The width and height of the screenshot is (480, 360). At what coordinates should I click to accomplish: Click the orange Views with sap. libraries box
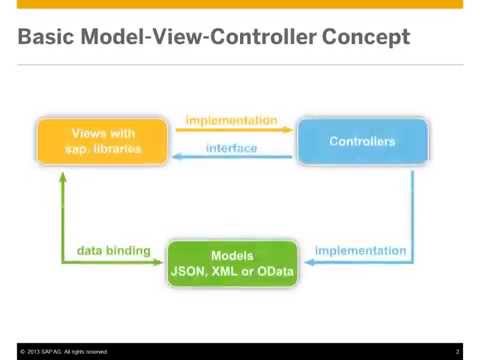coord(103,141)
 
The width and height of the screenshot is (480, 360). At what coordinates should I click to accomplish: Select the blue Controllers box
coord(362,141)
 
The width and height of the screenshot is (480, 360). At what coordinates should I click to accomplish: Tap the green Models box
coord(231,263)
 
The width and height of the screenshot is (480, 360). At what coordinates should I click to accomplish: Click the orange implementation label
coord(231,120)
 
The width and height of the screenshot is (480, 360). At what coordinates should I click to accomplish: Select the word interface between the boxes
coord(231,148)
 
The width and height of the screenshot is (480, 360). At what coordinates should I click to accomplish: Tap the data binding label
coord(113,250)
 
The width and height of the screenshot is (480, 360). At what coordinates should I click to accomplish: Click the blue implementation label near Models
coord(360,250)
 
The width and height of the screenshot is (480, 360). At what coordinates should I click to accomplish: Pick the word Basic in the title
coord(47,38)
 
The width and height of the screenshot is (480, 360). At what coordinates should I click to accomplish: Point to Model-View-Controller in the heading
coord(203,38)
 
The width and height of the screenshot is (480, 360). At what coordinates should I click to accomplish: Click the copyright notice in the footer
coord(60,351)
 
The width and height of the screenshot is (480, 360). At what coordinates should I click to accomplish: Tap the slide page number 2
coord(458,351)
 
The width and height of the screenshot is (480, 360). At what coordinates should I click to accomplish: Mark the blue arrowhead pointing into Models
coord(307,263)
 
